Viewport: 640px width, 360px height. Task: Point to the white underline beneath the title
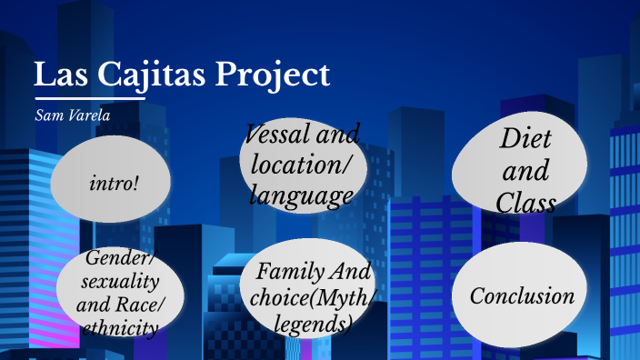(x=90, y=97)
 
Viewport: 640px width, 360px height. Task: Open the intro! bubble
(x=115, y=183)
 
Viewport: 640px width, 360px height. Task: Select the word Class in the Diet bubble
(x=525, y=202)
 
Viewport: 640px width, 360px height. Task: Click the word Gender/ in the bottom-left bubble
(x=119, y=258)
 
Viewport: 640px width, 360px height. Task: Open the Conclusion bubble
(x=522, y=296)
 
